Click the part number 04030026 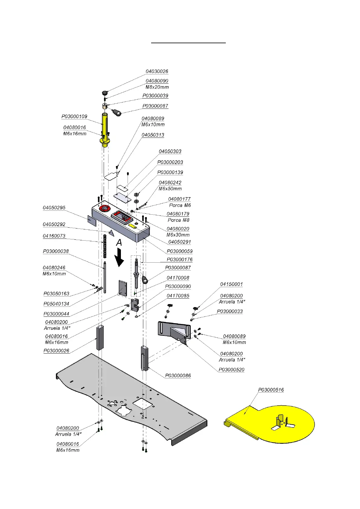[x=157, y=71]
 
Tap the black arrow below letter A [x=119, y=258]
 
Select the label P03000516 [x=271, y=390]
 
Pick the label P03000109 [x=74, y=116]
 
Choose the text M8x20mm [x=157, y=87]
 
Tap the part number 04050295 [x=54, y=208]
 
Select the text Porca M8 [x=179, y=220]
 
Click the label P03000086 [x=178, y=376]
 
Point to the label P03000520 [x=232, y=370]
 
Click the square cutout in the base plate [x=142, y=404]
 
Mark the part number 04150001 [x=232, y=284]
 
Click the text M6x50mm [x=170, y=189]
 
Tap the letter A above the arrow [x=119, y=242]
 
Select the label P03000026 [x=57, y=351]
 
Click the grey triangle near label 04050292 [x=111, y=233]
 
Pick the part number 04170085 [x=178, y=296]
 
